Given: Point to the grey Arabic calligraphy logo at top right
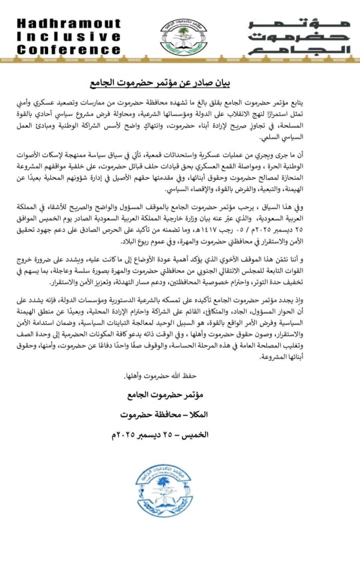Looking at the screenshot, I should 298,37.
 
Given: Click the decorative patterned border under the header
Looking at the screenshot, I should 180,61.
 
